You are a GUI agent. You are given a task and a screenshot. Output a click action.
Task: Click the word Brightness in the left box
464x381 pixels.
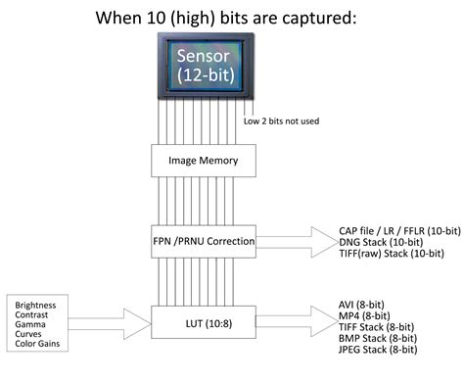tap(36, 305)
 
